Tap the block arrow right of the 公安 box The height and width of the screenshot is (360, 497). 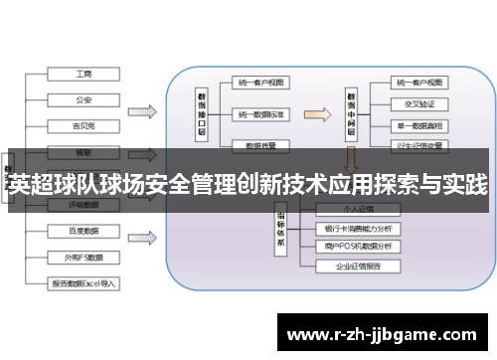click(142, 109)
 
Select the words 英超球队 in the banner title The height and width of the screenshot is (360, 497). click(46, 185)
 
